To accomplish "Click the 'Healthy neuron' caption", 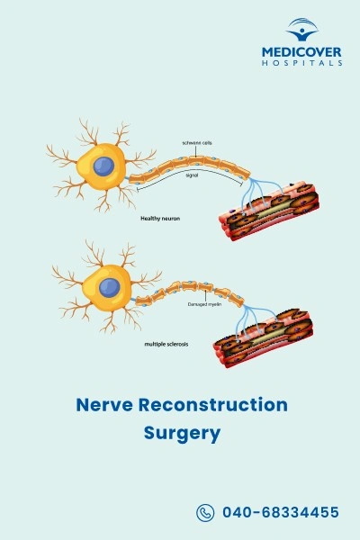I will point(159,219).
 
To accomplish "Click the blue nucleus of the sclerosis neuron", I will point(110,287).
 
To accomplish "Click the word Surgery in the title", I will point(181,433).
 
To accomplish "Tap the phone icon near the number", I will point(204,513).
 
